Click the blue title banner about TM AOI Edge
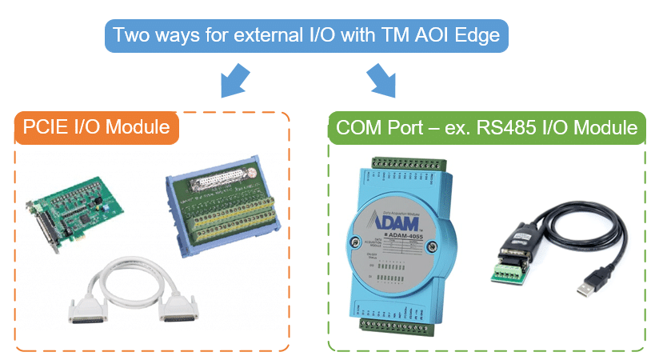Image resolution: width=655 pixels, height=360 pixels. (x=307, y=36)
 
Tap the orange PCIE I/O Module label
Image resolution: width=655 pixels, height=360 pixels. (x=96, y=126)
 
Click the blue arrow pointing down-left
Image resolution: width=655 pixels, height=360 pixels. (x=231, y=80)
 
